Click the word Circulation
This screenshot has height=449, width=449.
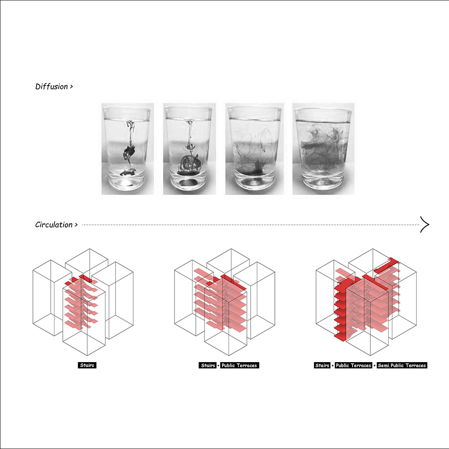pos(54,225)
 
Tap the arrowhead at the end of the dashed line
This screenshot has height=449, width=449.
pos(424,224)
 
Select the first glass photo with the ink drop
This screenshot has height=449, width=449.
pos(128,149)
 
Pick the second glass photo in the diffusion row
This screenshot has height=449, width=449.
pos(189,149)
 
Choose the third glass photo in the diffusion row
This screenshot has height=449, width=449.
pos(254,149)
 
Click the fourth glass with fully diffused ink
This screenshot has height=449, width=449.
pos(323,149)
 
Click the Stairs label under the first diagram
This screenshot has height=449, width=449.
pos(87,365)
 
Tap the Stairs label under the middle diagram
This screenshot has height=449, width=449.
pos(208,365)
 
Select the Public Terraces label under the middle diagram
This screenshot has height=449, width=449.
pos(239,365)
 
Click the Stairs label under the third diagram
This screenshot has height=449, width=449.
pos(322,365)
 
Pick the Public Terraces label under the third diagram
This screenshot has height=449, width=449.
pos(353,365)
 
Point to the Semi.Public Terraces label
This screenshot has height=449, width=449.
pos(402,365)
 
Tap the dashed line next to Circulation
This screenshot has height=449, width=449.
pos(251,225)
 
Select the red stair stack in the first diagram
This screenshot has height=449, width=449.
pos(81,302)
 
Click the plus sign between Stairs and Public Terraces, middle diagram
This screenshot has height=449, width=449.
pos(219,366)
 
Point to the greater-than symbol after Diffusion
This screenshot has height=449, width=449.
pos(72,86)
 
